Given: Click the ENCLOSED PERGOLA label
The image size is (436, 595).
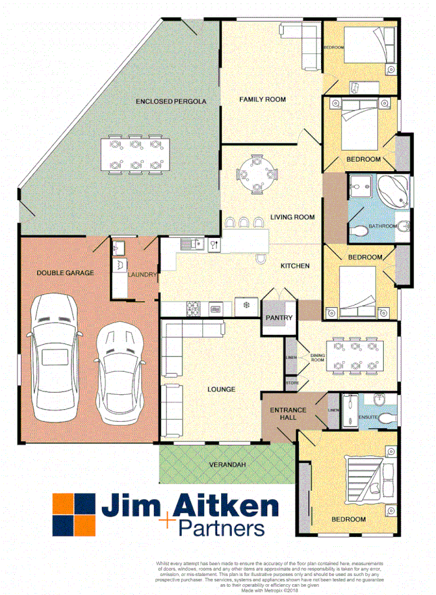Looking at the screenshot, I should pyautogui.click(x=170, y=101).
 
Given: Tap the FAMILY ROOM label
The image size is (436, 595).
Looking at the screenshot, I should pyautogui.click(x=262, y=99).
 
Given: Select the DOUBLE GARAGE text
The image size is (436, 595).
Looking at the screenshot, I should pyautogui.click(x=65, y=272).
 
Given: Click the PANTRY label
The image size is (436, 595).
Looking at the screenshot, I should pyautogui.click(x=278, y=317).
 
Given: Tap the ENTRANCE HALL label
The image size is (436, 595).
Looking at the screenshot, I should pyautogui.click(x=288, y=414).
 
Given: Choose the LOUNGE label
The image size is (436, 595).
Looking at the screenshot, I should pyautogui.click(x=222, y=389).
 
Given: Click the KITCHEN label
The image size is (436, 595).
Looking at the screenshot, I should pyautogui.click(x=295, y=266).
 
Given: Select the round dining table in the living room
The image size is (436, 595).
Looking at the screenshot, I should pyautogui.click(x=256, y=174).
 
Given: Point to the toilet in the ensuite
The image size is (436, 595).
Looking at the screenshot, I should pyautogui.click(x=386, y=419).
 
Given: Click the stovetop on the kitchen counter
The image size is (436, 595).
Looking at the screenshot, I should pyautogui.click(x=193, y=309).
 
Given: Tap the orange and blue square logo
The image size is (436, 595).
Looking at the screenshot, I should pyautogui.click(x=73, y=515).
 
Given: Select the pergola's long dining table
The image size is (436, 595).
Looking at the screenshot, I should pyautogui.click(x=135, y=155).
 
